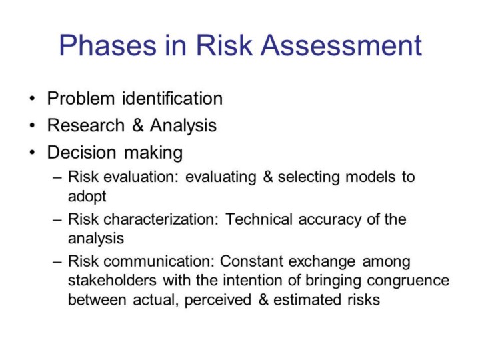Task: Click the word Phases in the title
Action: click(108, 45)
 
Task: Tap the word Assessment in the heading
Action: click(341, 45)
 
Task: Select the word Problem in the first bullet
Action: click(81, 99)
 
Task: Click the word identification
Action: click(173, 99)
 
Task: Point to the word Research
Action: click(86, 125)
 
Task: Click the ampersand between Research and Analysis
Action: click(138, 125)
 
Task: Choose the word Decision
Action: click(82, 153)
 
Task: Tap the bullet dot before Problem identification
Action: click(32, 99)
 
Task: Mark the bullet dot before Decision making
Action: click(32, 153)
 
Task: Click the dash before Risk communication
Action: click(57, 263)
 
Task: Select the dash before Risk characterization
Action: click(57, 220)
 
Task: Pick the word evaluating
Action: click(221, 177)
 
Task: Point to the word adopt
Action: click(87, 197)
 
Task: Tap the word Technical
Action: click(259, 219)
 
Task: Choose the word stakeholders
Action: click(112, 281)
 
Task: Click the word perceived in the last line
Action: click(217, 300)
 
